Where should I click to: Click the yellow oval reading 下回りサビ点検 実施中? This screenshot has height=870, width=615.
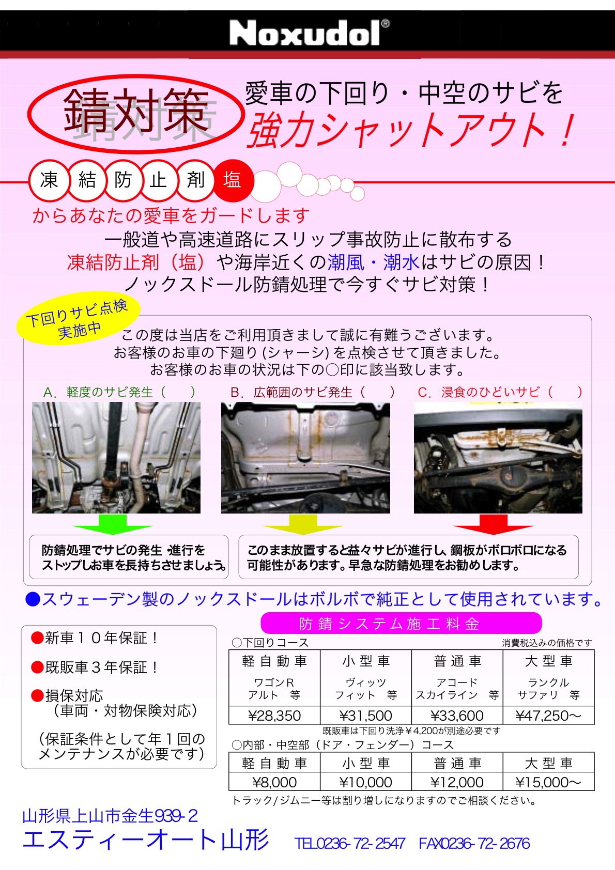[78, 318]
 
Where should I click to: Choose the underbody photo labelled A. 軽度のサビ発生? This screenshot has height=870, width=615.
[116, 458]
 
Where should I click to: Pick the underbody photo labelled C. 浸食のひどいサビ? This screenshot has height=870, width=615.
[498, 458]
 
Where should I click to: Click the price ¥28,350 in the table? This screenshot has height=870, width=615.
[274, 716]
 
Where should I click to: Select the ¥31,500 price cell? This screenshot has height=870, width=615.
[365, 716]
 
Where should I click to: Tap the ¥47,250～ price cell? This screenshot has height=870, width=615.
[548, 716]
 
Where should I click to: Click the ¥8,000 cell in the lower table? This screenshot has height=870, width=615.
[274, 782]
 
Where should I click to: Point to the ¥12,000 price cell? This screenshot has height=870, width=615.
[457, 782]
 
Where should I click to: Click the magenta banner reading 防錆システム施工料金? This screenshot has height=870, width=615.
[401, 624]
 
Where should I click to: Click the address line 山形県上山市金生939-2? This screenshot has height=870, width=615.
[110, 816]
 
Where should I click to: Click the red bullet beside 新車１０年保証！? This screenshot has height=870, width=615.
[37, 638]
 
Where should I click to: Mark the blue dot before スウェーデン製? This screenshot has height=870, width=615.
[33, 599]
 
